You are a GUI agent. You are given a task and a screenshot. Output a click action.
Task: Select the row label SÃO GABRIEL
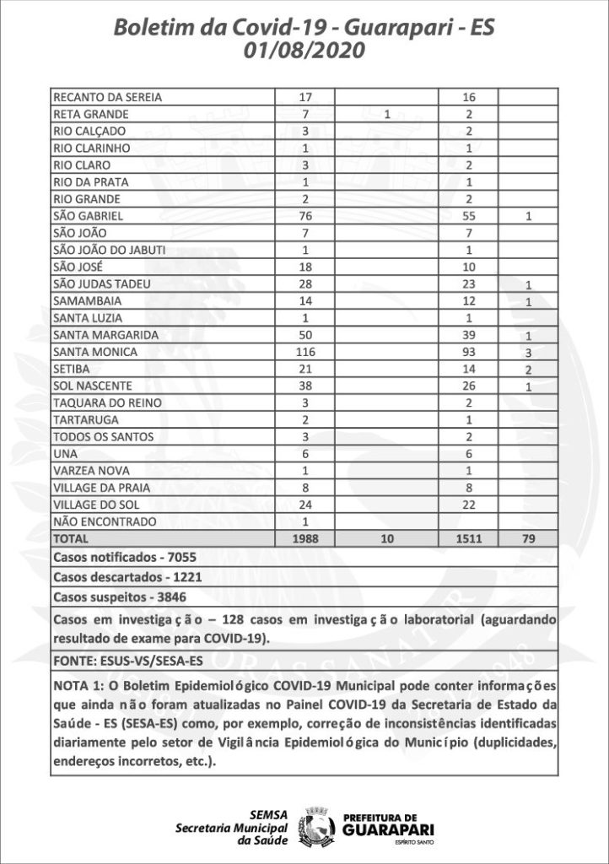pyautogui.click(x=83, y=216)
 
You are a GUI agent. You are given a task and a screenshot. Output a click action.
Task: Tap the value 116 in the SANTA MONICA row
pyautogui.click(x=305, y=351)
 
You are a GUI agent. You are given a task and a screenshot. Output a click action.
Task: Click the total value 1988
pyautogui.click(x=305, y=537)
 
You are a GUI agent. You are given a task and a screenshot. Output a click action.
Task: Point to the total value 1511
pyautogui.click(x=468, y=537)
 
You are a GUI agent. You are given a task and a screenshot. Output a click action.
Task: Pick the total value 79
pyautogui.click(x=527, y=537)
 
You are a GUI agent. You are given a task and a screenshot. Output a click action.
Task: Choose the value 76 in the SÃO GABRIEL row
pyautogui.click(x=305, y=216)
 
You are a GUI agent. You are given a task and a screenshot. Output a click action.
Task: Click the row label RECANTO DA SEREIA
pyautogui.click(x=107, y=97)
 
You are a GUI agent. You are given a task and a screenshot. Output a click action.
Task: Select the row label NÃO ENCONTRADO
pyautogui.click(x=98, y=521)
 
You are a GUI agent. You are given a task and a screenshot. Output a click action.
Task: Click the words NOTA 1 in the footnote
pyautogui.click(x=75, y=683)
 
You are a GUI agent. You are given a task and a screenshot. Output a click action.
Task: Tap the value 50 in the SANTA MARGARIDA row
pyautogui.click(x=305, y=334)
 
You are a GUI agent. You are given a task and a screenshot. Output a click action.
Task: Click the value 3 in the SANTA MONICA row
pyautogui.click(x=527, y=352)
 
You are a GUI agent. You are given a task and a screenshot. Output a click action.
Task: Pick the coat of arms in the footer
pyautogui.click(x=319, y=824)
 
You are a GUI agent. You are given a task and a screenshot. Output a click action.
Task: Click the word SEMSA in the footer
pyautogui.click(x=269, y=814)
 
